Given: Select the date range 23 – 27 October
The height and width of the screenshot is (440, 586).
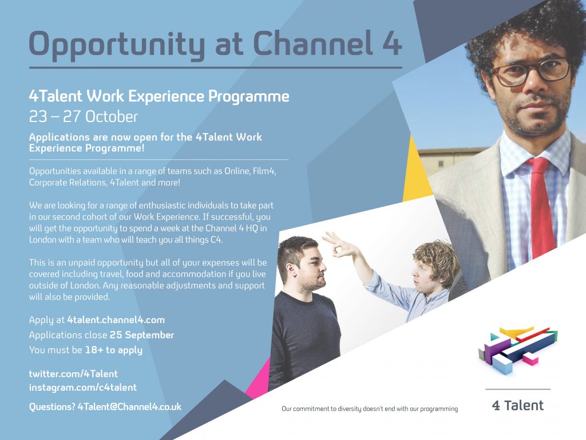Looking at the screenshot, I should tap(84, 117).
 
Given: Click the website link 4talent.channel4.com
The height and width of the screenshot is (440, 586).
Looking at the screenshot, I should tap(116, 320).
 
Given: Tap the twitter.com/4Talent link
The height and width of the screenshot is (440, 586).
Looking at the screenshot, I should tap(73, 374).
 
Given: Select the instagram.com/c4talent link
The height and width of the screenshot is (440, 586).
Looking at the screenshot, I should tap(83, 387).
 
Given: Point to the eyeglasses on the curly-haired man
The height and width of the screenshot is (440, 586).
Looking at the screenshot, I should tap(531, 72).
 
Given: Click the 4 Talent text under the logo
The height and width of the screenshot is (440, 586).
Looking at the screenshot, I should tap(517, 405).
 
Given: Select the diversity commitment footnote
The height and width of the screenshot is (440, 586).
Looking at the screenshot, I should tap(370, 409).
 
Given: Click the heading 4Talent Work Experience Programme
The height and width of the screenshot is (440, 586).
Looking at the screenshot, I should tap(159, 96).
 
